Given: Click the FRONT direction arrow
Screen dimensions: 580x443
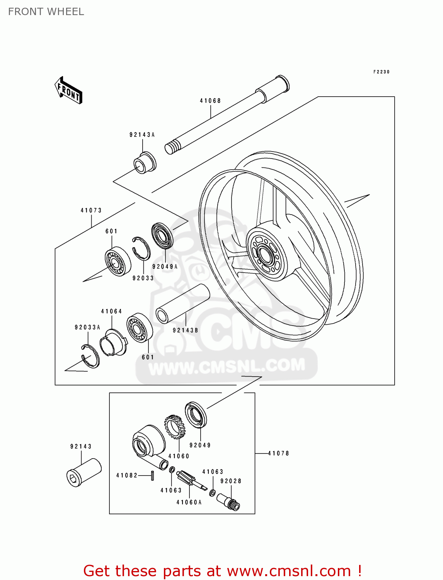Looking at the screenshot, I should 69,90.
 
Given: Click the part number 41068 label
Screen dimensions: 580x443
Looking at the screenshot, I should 210,101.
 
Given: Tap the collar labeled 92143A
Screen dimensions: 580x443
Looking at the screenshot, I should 145,163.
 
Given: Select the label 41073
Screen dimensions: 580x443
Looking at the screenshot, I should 91,210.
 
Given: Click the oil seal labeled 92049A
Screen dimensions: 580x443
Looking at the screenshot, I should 162,235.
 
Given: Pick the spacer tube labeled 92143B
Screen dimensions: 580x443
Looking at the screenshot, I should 182,304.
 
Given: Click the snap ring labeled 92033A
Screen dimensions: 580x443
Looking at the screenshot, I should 90,355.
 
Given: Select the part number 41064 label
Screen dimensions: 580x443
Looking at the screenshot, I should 111,311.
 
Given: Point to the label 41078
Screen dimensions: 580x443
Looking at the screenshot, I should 278,453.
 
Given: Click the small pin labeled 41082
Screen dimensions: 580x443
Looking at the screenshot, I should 152,476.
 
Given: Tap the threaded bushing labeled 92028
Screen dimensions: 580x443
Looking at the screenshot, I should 229,502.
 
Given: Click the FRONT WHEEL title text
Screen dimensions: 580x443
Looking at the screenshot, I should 46,12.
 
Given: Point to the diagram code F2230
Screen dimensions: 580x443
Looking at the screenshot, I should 381,72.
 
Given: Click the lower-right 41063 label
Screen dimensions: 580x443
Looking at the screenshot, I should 213,472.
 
